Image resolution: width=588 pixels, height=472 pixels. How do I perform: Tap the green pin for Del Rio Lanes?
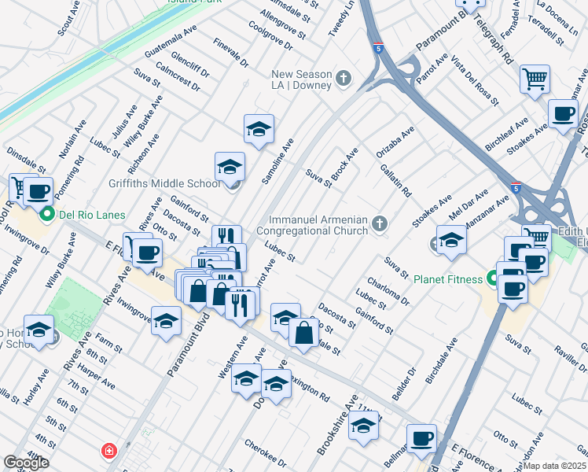[46, 214]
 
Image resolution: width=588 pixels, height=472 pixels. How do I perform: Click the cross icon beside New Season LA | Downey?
[344, 79]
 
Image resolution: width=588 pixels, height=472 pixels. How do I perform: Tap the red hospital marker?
[108, 452]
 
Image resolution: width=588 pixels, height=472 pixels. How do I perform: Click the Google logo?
[26, 463]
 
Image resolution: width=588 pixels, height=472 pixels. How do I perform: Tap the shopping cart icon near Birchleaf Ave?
[535, 79]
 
